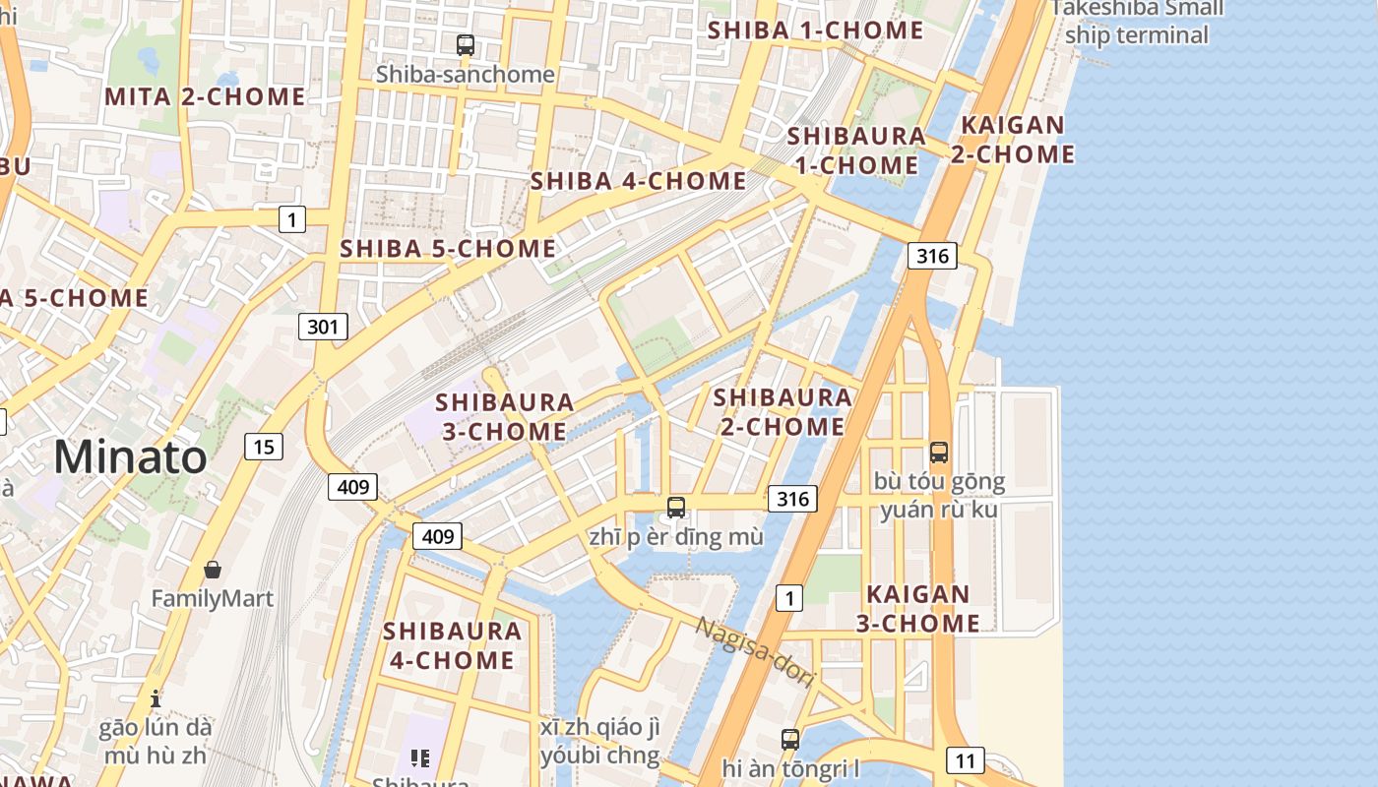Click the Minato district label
[131, 457]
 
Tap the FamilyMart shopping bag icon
[213, 570]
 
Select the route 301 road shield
[323, 327]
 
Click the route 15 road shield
[264, 447]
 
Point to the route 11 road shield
[966, 759]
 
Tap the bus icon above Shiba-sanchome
[466, 44]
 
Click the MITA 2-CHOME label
[205, 96]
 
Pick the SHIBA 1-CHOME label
[815, 30]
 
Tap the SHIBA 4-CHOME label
[638, 181]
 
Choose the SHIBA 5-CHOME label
[448, 249]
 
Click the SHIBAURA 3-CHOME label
[504, 416]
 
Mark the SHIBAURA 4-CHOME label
[452, 645]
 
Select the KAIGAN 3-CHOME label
[917, 609]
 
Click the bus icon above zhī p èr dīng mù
[676, 508]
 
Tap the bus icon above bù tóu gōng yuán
[939, 453]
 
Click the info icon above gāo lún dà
[156, 698]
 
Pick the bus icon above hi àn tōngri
[790, 739]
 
